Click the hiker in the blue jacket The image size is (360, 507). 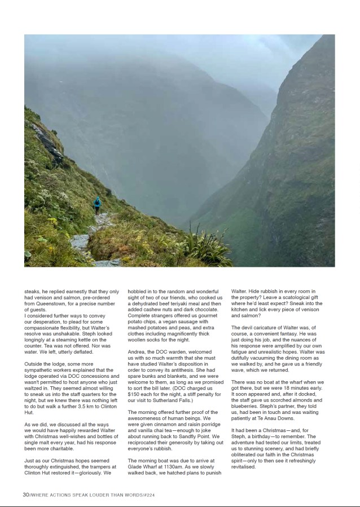[97, 205]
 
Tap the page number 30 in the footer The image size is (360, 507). [25, 495]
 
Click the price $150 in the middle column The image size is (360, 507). [134, 394]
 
